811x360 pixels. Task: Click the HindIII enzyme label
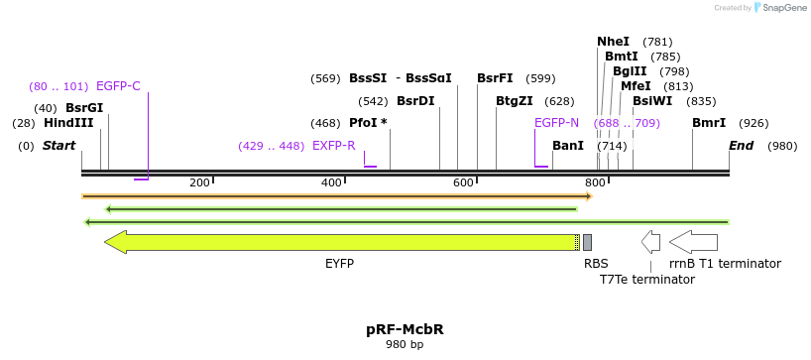tap(68, 123)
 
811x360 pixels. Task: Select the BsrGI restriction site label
tap(84, 108)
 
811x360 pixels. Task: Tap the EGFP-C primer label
tap(118, 86)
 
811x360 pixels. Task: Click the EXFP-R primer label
tap(334, 146)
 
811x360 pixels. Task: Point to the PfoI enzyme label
tap(368, 123)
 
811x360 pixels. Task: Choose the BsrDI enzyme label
tap(415, 101)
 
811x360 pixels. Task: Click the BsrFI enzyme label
tap(495, 78)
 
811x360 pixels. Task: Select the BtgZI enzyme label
tap(515, 101)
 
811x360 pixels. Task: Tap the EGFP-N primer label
tap(556, 123)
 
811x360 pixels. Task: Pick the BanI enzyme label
tap(568, 146)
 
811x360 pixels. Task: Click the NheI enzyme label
tap(613, 42)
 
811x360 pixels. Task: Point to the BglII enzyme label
tap(630, 71)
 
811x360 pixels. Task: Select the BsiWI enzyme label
tap(652, 101)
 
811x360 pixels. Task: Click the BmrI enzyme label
tap(709, 123)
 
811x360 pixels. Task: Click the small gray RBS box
tap(587, 242)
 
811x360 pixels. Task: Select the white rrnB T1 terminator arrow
tap(693, 241)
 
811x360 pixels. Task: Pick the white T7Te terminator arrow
tap(650, 241)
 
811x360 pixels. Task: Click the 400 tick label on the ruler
tap(331, 182)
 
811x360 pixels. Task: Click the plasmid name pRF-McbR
tap(404, 329)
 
